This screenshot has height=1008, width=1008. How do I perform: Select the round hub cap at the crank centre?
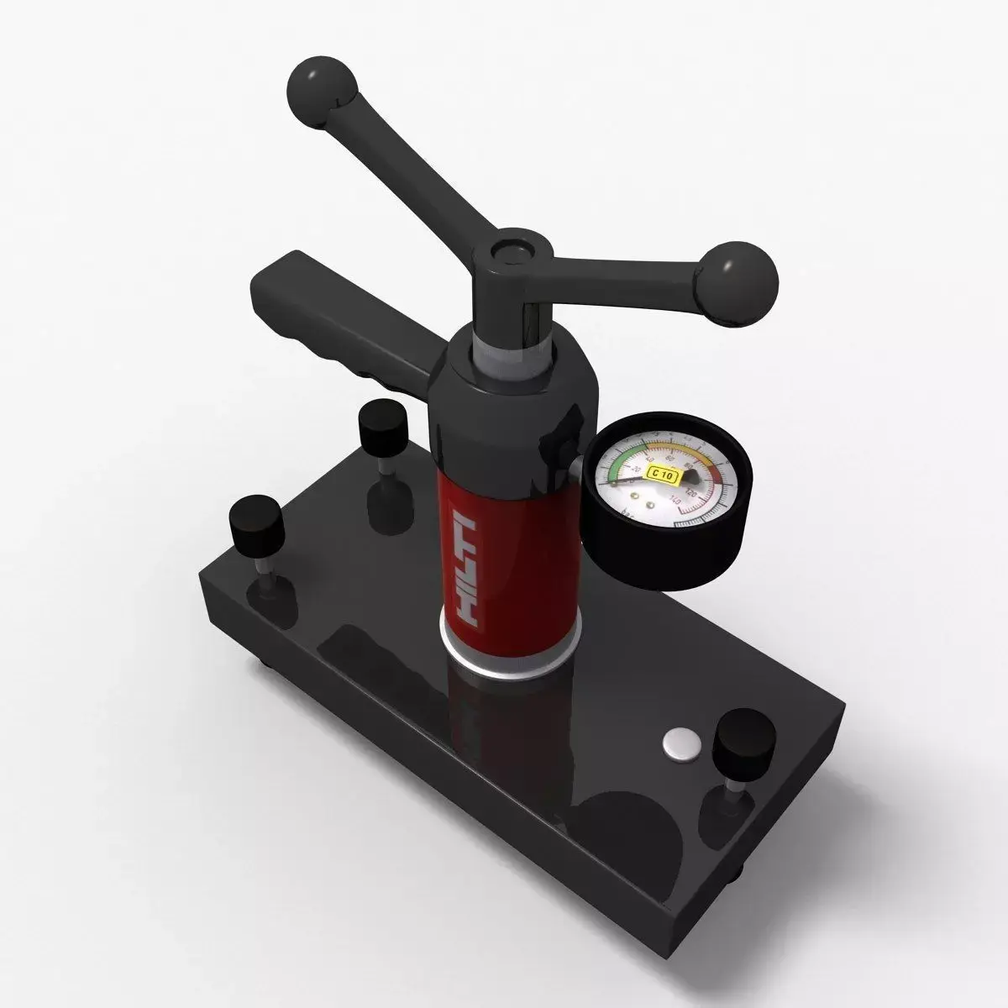click(x=510, y=251)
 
